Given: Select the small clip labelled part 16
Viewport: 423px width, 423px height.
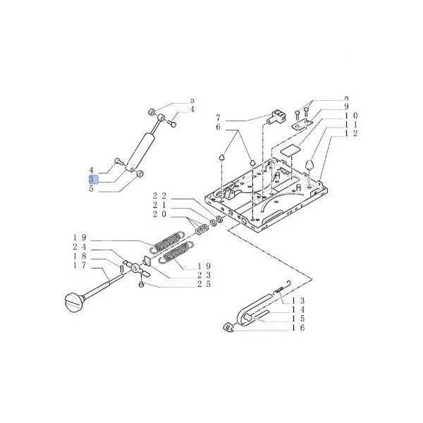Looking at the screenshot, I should [x=228, y=326].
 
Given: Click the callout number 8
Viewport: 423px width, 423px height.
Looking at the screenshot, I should [x=346, y=97].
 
